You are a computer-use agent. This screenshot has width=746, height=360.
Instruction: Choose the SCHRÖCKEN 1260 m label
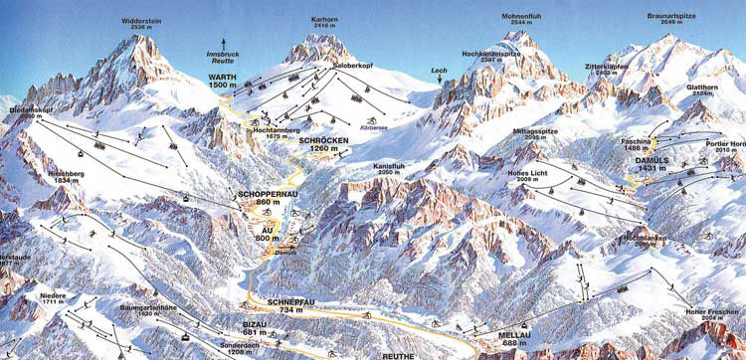coord(322,144)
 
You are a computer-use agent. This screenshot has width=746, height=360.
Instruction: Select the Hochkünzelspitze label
coord(486,57)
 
